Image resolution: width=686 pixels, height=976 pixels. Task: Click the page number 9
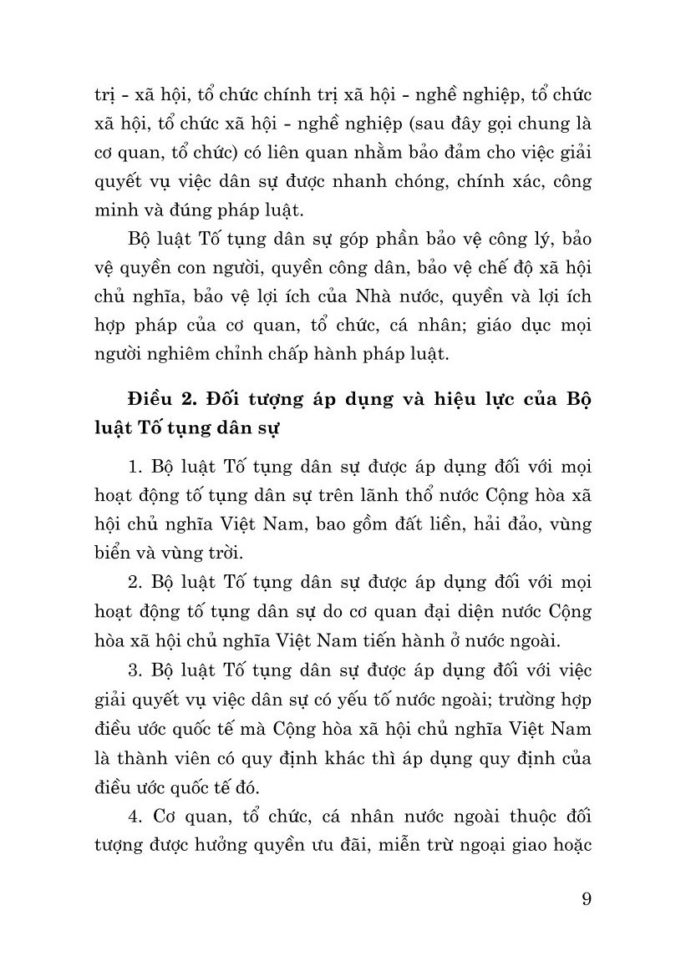585,899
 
